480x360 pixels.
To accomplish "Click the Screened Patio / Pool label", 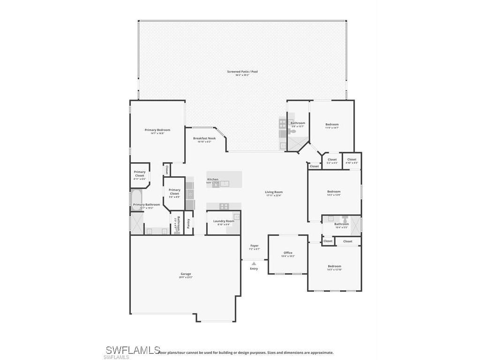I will pos(242,72).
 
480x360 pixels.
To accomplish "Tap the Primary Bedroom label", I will pos(157,130).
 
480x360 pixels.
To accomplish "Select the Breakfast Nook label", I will pos(204,138).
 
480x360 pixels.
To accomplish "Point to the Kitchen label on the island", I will pos(213,180).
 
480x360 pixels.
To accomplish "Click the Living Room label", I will pos(274,192).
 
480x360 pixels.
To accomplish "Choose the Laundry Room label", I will pos(223,221).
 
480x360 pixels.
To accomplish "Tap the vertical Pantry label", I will pos(188,224).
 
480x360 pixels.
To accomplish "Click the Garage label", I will pos(186,274).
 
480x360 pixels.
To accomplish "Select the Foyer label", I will pos(254,246).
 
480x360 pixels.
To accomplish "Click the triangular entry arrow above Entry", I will pos(254,263).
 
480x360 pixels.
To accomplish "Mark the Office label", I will pos(288,253).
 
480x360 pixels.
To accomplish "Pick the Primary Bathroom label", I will pos(146,204).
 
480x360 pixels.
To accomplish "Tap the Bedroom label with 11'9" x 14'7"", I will pos(332,124).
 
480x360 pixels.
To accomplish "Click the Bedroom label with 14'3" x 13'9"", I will pos(334,191).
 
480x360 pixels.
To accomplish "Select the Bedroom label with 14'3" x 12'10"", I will pos(334,266).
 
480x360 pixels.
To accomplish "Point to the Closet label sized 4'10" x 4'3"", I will pos(352,159).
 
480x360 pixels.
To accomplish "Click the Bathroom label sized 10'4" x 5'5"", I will pos(341,224).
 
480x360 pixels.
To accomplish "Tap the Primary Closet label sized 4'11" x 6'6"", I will pos(140,173).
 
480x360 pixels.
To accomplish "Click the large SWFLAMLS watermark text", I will pos(133,350).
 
